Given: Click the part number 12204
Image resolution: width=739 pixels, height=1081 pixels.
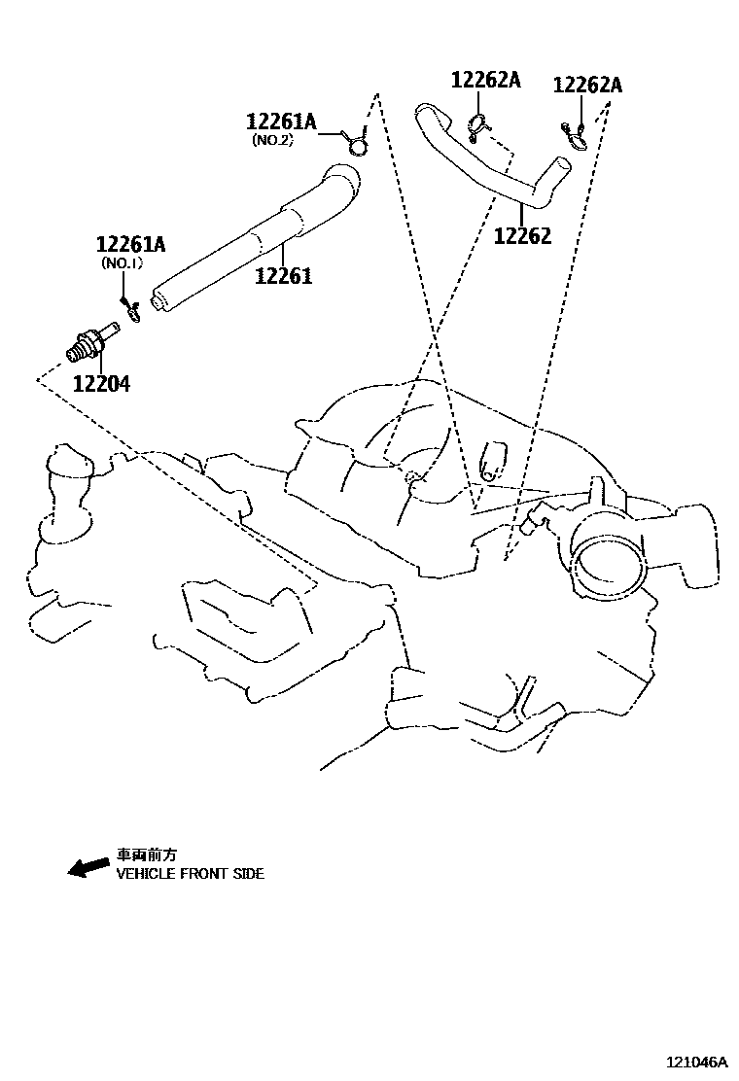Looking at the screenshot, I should click(x=101, y=384).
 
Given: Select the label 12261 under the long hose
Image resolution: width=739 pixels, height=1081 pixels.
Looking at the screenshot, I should click(x=284, y=276).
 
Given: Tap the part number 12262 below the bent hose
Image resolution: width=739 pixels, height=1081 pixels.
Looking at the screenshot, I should click(x=522, y=236).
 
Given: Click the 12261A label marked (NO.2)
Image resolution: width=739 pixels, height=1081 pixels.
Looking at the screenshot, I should click(x=281, y=122).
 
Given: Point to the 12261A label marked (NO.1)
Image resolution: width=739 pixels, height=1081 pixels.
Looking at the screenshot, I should click(x=130, y=244).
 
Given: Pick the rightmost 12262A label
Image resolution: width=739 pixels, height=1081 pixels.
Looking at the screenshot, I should click(x=587, y=85).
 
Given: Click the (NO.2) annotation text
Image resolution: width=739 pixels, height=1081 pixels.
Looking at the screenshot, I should click(x=273, y=140).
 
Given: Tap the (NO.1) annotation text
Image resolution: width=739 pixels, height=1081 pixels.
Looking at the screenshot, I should click(x=123, y=262).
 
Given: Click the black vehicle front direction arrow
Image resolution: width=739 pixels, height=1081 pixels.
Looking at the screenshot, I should click(x=88, y=866).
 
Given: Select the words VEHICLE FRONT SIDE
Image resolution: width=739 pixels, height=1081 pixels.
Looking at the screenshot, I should click(x=191, y=874).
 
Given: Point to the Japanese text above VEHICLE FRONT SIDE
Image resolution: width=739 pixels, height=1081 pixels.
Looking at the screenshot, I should click(x=147, y=855).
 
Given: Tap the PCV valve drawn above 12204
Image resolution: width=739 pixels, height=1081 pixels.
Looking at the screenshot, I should click(x=93, y=341).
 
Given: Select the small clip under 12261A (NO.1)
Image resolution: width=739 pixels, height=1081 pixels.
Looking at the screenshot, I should click(x=133, y=312).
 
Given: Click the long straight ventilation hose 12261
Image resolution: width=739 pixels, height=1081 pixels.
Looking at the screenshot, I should click(x=253, y=238).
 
